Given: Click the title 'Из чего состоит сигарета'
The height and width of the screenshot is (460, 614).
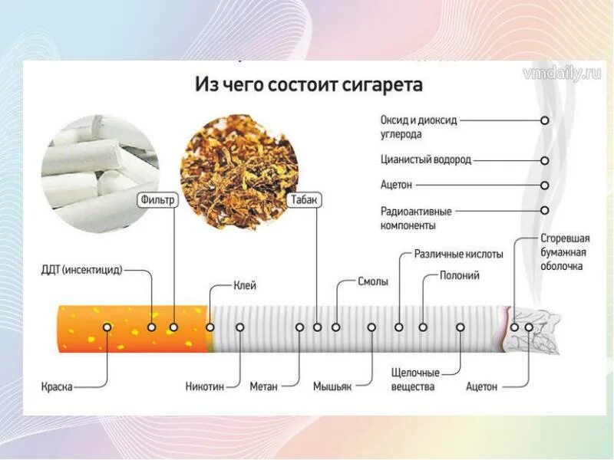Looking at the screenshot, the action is click(x=309, y=84).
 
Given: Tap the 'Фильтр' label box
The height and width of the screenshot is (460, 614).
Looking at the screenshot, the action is click(x=159, y=200).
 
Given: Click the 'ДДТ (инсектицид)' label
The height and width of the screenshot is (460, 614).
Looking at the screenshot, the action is click(x=82, y=270).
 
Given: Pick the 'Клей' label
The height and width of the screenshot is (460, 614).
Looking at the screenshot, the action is click(x=245, y=285).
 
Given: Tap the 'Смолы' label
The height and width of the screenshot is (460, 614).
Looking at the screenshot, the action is click(x=373, y=281).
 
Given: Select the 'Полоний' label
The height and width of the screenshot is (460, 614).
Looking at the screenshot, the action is click(x=460, y=275).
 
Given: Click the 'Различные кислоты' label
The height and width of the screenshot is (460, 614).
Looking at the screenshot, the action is click(x=458, y=254).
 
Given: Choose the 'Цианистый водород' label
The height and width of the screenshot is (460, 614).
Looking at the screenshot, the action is click(x=426, y=160).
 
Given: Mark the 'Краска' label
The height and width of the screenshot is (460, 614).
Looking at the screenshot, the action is click(x=57, y=386).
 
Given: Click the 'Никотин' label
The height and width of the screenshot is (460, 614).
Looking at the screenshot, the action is click(x=205, y=386).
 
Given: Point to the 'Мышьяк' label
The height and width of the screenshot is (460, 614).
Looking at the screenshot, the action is click(x=332, y=386).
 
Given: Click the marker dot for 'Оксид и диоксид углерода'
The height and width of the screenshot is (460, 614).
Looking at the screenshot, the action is click(x=545, y=120).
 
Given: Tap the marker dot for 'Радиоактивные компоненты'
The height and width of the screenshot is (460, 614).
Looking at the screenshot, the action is click(x=545, y=210).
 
